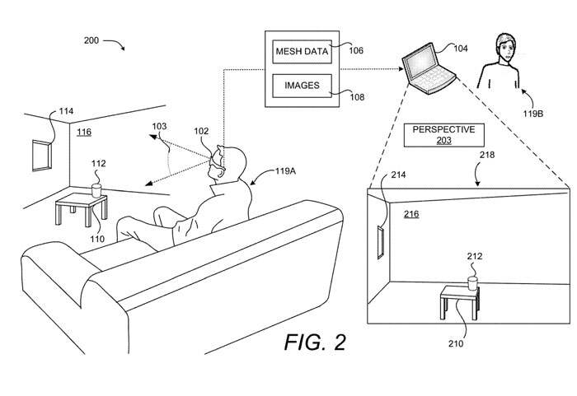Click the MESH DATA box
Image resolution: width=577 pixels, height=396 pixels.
click(x=301, y=53)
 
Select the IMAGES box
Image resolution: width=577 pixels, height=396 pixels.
click(x=301, y=86)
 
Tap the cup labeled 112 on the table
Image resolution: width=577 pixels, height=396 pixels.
click(x=96, y=189)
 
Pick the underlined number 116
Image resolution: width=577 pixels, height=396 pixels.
click(x=84, y=132)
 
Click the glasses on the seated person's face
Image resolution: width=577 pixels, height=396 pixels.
click(x=218, y=159)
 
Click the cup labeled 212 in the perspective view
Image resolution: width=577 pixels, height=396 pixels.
click(x=472, y=282)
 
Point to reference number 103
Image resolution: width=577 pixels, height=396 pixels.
click(x=158, y=126)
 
